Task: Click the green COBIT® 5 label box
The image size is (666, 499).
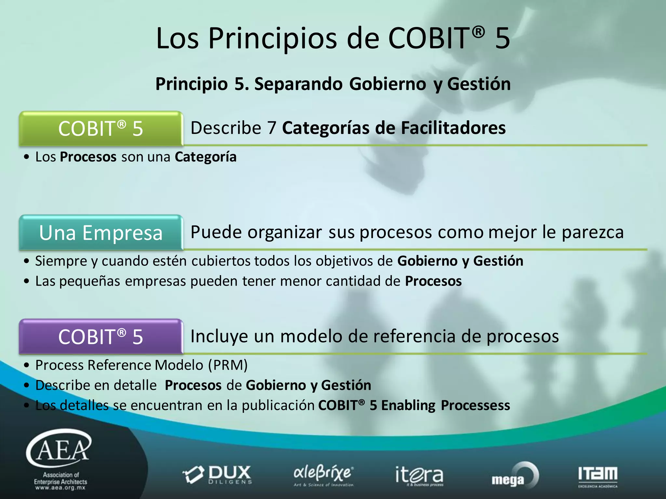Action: (x=101, y=129)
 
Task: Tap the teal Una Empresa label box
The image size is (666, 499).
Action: (x=101, y=233)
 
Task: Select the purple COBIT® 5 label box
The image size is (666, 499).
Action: (x=101, y=337)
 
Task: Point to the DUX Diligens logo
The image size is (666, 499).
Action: (x=217, y=475)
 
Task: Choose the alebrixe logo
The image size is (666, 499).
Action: (x=323, y=475)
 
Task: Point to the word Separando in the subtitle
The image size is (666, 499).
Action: (x=298, y=84)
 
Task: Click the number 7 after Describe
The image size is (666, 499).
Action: (x=272, y=128)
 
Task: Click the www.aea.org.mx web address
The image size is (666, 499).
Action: (x=60, y=488)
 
